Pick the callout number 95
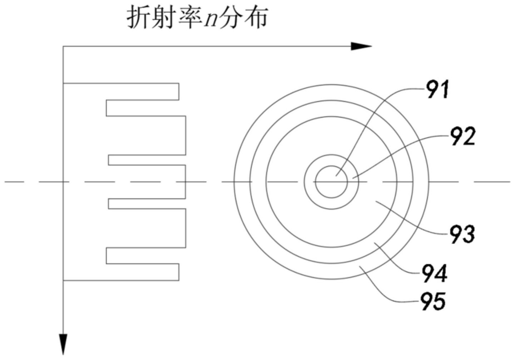(x=433, y=302)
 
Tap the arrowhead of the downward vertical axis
(x=63, y=345)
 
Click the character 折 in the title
(x=138, y=18)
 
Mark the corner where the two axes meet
(x=63, y=46)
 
